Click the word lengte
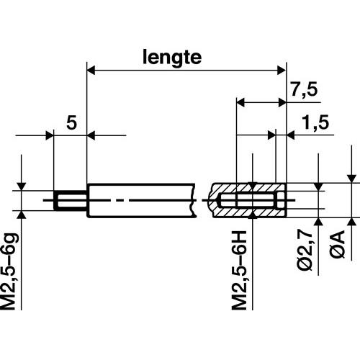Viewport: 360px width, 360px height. pyautogui.click(x=172, y=58)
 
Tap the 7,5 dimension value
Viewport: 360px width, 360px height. pyautogui.click(x=305, y=89)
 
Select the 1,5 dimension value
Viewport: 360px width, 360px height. pyautogui.click(x=315, y=122)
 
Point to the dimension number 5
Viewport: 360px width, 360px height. pyautogui.click(x=71, y=122)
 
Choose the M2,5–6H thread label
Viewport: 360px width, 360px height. pyautogui.click(x=239, y=271)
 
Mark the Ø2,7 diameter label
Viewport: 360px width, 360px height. pyautogui.click(x=305, y=251)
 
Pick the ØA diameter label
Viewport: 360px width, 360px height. pyautogui.click(x=337, y=244)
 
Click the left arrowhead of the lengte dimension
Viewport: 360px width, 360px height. pyautogui.click(x=91, y=71)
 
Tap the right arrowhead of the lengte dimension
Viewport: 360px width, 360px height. pyautogui.click(x=282, y=71)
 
